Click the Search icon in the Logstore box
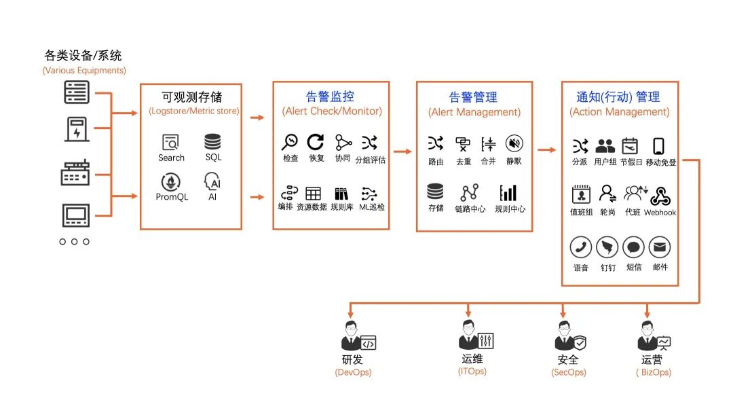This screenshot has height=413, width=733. (170, 143)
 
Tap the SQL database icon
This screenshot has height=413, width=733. (212, 142)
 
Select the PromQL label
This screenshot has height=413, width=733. (171, 197)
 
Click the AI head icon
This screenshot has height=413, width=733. (212, 182)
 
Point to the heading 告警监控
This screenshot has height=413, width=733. (330, 96)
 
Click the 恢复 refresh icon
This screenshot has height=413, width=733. (316, 142)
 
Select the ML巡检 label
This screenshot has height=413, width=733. (372, 206)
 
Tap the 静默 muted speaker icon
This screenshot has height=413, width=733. (514, 143)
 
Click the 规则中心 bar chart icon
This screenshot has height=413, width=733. (508, 192)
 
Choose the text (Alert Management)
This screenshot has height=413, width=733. (474, 112)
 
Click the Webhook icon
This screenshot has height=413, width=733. (660, 196)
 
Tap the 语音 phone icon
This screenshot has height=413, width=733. (580, 247)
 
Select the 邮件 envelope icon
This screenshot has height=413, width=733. (660, 247)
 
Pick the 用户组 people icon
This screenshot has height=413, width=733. (605, 145)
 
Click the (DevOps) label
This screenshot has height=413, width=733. (353, 372)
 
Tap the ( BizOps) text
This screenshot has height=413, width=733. (654, 372)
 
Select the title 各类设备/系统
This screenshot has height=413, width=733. (83, 56)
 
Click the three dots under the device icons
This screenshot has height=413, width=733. (75, 241)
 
